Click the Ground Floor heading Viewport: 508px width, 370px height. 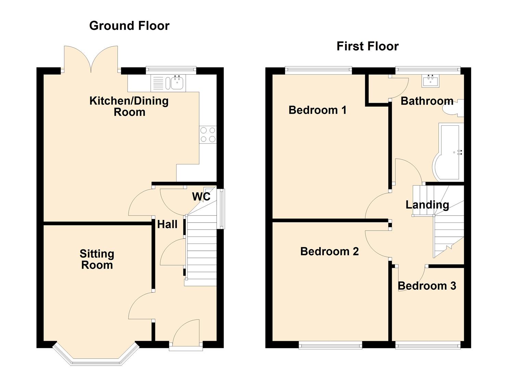pyautogui.click(x=130, y=26)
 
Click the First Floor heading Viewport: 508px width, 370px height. pyautogui.click(x=368, y=46)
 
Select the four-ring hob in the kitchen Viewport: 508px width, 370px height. pyautogui.click(x=208, y=135)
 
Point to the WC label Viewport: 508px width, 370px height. pyautogui.click(x=201, y=197)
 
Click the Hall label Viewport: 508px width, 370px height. pyautogui.click(x=167, y=224)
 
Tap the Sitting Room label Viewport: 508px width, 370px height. pyautogui.click(x=97, y=259)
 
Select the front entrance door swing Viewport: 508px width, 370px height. pyautogui.click(x=186, y=333)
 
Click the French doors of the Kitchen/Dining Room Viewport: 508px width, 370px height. pyautogui.click(x=91, y=59)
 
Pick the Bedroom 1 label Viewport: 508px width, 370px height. pyautogui.click(x=317, y=110)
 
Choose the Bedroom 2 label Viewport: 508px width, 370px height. pyautogui.click(x=329, y=251)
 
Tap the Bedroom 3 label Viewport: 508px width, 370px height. pyautogui.click(x=427, y=286)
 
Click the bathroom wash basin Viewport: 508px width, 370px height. pyautogui.click(x=430, y=81)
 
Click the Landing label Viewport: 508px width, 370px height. pyautogui.click(x=427, y=205)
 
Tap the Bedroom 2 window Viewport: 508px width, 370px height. pyautogui.click(x=330, y=346)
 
